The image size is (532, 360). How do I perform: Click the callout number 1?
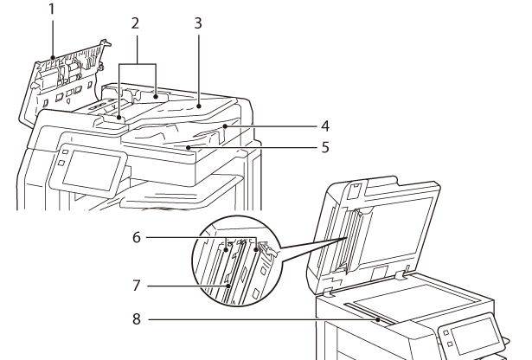pos(52,10)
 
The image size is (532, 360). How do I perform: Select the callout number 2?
pos(135,23)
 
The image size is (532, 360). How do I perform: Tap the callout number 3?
pos(198,23)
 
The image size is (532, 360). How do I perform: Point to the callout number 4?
pos(325,125)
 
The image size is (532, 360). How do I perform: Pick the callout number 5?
pos(325,148)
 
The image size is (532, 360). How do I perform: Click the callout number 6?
pos(137,237)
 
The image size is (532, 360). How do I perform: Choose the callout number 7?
pos(137,286)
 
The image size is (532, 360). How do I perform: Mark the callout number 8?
pos(137,319)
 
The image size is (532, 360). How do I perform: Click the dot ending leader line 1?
pos(53,58)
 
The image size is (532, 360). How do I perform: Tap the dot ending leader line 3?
pos(199,106)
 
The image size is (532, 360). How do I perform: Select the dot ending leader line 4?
pos(225,126)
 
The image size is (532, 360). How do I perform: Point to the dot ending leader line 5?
pos(188,148)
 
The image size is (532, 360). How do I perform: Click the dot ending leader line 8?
pos(378,319)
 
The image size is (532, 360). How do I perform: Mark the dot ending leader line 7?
pos(228,286)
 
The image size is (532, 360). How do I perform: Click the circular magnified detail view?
pos(236,261)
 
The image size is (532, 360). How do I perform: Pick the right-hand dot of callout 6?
pos(255,250)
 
